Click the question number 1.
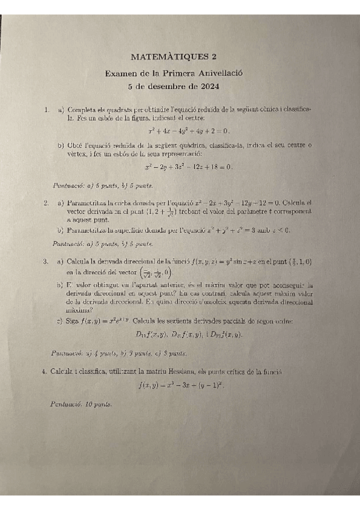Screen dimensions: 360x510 pyautogui.click(x=46, y=111)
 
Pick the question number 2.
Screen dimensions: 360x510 pyautogui.click(x=46, y=203)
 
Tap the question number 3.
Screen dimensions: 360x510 pyautogui.click(x=46, y=262)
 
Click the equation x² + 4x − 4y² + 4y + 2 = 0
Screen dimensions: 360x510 pyautogui.click(x=189, y=131)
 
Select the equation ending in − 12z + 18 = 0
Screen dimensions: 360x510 pyautogui.click(x=189, y=167)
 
